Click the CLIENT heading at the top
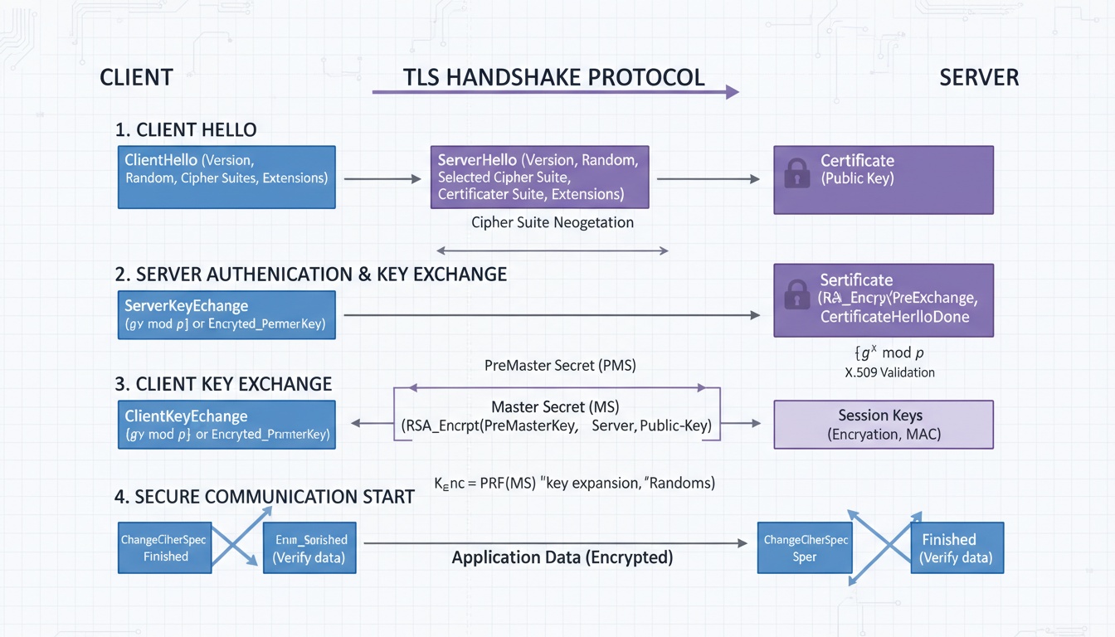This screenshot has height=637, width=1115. (x=136, y=78)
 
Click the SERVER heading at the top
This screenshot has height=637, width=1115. (x=979, y=78)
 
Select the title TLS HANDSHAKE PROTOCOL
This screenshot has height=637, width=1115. (x=553, y=77)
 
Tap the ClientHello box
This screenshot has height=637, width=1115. (x=226, y=177)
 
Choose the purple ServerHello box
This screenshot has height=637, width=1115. (x=539, y=177)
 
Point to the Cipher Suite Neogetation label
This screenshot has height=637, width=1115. (x=552, y=222)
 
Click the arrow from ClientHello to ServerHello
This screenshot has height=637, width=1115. (x=382, y=178)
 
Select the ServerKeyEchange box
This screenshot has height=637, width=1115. (x=226, y=314)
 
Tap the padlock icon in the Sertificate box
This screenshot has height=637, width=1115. (x=797, y=294)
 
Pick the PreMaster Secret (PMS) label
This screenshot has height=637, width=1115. (x=560, y=365)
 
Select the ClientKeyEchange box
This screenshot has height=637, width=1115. (x=226, y=425)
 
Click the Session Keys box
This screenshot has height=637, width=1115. (x=883, y=425)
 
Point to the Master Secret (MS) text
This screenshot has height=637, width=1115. (x=555, y=407)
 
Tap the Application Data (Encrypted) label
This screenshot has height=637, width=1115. (x=562, y=557)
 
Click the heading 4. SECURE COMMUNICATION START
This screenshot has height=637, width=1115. (x=264, y=497)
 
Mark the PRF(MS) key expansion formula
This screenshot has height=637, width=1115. (x=574, y=482)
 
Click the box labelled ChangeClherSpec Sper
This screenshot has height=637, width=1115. (x=805, y=547)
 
